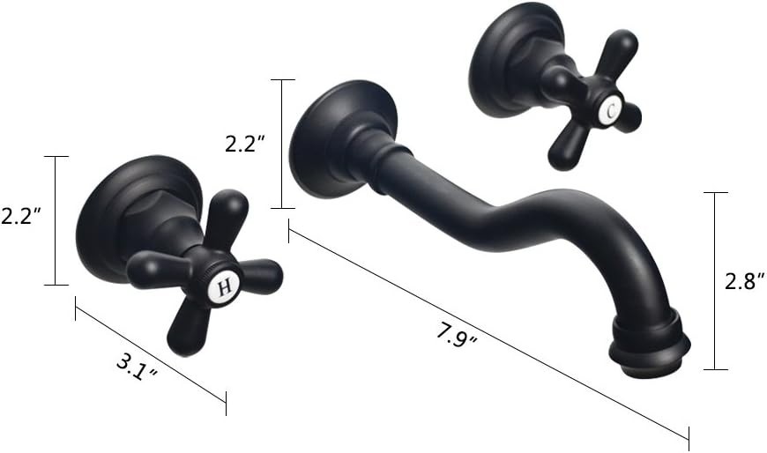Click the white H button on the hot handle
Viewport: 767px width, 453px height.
tap(224, 287)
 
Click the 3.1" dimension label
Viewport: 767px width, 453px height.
tap(137, 368)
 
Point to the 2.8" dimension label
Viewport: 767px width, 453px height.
tap(743, 282)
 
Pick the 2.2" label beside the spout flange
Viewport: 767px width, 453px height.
tap(244, 144)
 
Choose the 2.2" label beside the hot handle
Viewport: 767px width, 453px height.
tap(20, 216)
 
